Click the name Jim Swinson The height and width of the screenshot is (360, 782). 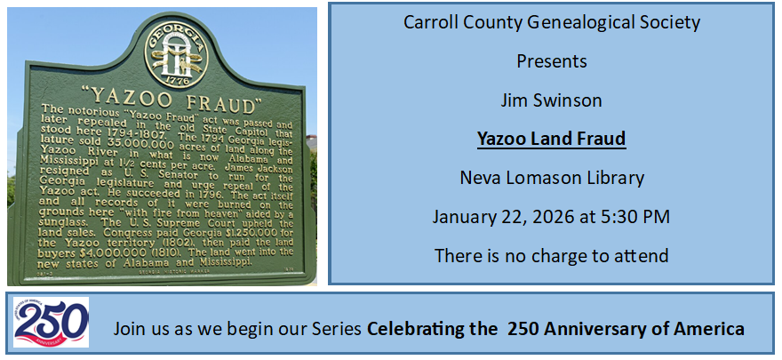tap(551, 100)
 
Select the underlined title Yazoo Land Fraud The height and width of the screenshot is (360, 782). tap(551, 139)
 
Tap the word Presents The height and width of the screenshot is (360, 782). tap(552, 61)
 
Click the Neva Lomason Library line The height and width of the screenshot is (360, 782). tap(552, 178)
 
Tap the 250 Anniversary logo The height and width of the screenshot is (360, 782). tap(51, 322)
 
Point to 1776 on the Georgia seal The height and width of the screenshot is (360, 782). tap(176, 79)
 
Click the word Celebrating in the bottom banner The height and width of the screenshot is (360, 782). tap(409, 329)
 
